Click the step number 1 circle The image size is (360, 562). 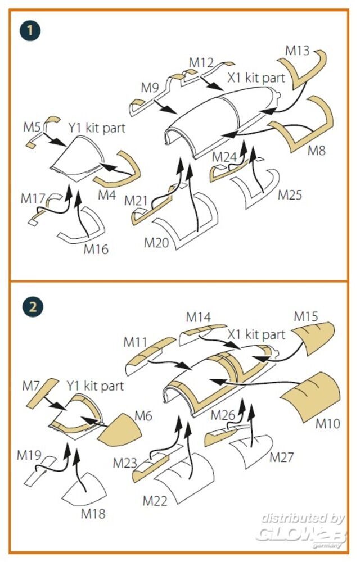click(x=30, y=30)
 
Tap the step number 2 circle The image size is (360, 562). click(x=32, y=307)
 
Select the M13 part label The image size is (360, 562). click(x=297, y=51)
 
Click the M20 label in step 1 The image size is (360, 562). click(x=156, y=243)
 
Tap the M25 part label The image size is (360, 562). click(x=290, y=195)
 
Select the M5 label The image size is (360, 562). click(x=32, y=126)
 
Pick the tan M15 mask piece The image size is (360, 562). click(x=313, y=338)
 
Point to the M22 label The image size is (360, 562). click(x=155, y=501)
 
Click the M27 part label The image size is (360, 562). click(x=282, y=457)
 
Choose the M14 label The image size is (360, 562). click(x=199, y=317)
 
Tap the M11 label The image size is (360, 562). click(x=135, y=342)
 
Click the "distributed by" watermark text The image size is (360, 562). click(x=303, y=518)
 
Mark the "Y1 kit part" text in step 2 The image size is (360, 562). click(x=95, y=386)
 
